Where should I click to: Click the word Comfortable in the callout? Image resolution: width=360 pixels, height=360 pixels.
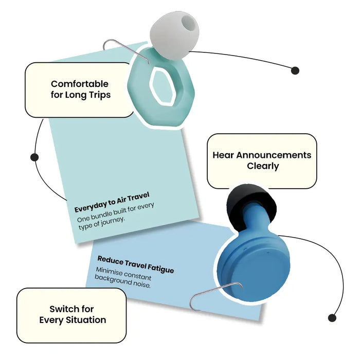[80, 84]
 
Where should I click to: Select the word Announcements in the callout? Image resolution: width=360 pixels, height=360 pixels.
[274, 155]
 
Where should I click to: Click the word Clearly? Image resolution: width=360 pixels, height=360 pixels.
[263, 166]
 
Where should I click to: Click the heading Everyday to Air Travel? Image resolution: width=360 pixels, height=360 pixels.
[112, 202]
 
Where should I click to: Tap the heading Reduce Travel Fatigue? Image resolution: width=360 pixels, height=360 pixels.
[136, 264]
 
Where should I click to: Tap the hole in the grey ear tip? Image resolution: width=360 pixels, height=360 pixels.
[187, 24]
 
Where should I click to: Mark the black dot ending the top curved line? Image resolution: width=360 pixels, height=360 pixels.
[295, 70]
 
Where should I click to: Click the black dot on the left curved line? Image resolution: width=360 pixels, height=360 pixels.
[34, 157]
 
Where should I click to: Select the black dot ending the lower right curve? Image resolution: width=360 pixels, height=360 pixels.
[332, 318]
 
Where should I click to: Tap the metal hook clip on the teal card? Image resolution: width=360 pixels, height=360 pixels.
[126, 51]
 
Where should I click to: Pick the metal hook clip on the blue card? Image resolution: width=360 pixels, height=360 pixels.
[215, 296]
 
